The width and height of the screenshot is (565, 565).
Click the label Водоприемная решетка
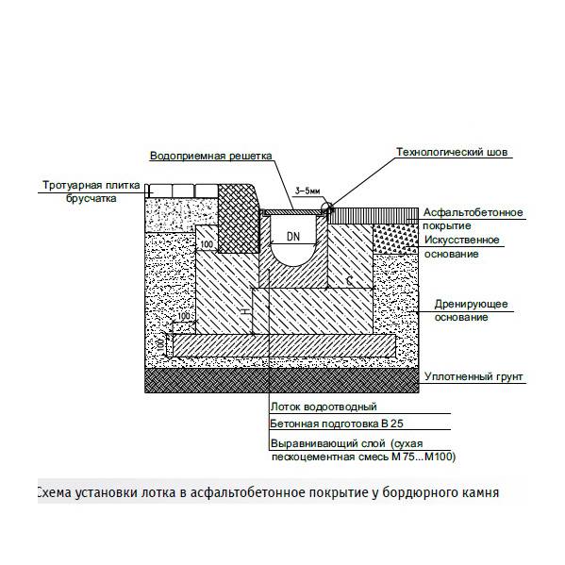[x=210, y=157]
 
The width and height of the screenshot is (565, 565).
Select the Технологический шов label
[x=452, y=153]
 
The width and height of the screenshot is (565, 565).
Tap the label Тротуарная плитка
[x=91, y=186]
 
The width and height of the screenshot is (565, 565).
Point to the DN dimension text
[x=293, y=237]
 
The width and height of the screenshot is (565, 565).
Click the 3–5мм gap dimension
[x=307, y=191]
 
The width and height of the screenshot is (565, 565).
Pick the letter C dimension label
[x=349, y=280]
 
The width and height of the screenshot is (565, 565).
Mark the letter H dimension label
[x=246, y=311]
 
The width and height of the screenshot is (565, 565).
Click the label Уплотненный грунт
[x=474, y=377]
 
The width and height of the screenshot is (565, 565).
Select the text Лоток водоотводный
[x=324, y=407]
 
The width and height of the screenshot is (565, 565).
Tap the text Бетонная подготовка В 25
[x=337, y=424]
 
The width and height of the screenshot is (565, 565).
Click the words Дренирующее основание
[x=471, y=310]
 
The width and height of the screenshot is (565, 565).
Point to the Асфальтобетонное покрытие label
[x=473, y=219]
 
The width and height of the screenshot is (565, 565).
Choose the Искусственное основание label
[x=461, y=247]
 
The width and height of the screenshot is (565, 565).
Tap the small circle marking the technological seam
[x=327, y=208]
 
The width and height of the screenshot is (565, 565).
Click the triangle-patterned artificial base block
[x=395, y=239]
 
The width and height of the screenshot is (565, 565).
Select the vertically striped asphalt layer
[x=374, y=216]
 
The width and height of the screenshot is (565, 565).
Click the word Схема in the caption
[x=54, y=491]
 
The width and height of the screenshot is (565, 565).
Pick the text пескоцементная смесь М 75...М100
[x=363, y=457]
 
